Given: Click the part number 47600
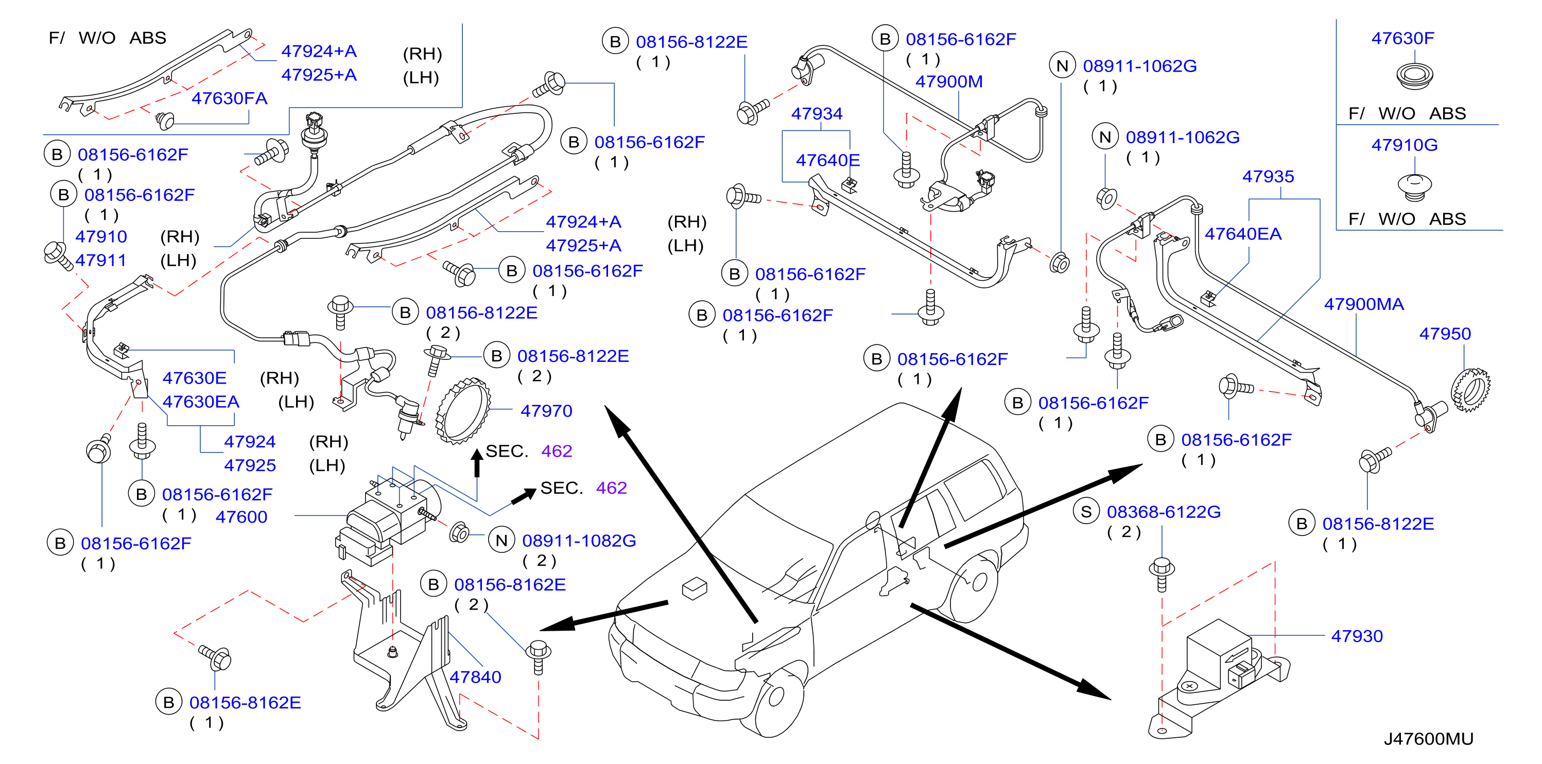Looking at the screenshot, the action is pyautogui.click(x=241, y=517).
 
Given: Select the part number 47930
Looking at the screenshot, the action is pyautogui.click(x=1357, y=636).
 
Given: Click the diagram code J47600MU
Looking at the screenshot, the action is pyautogui.click(x=1428, y=739).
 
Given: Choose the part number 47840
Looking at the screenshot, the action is pyautogui.click(x=475, y=676).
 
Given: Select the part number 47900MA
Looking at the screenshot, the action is pyautogui.click(x=1364, y=304).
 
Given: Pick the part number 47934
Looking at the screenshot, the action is pyautogui.click(x=817, y=113).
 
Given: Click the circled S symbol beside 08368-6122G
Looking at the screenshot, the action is pyautogui.click(x=1086, y=511).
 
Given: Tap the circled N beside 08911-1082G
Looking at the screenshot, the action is pyautogui.click(x=501, y=540).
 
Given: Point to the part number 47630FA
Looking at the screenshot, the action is pyautogui.click(x=229, y=98).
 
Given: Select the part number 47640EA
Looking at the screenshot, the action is pyautogui.click(x=1243, y=234).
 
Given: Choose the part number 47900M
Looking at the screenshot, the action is pyautogui.click(x=949, y=81).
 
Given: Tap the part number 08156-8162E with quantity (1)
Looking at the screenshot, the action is pyautogui.click(x=245, y=702).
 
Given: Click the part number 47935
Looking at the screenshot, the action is pyautogui.click(x=1268, y=176).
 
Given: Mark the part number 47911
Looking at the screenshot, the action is pyautogui.click(x=100, y=261).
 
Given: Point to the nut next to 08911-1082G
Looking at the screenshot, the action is pyautogui.click(x=459, y=532).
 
